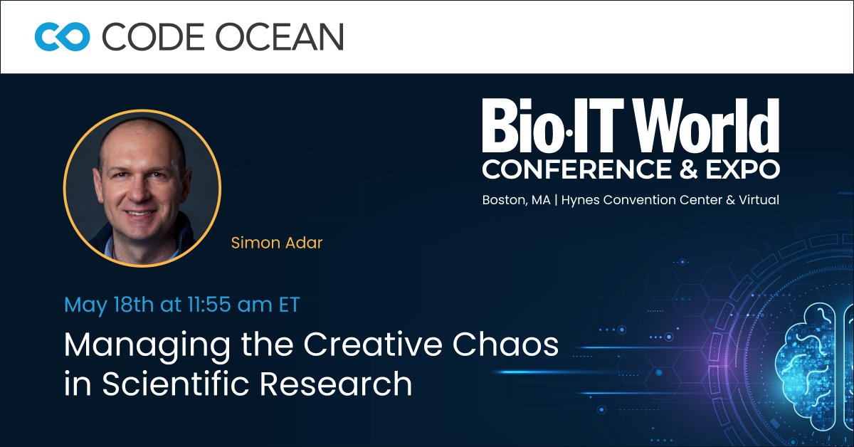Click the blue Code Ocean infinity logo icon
[x=62, y=36]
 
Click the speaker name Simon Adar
[x=277, y=243]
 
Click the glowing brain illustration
[x=818, y=349]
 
